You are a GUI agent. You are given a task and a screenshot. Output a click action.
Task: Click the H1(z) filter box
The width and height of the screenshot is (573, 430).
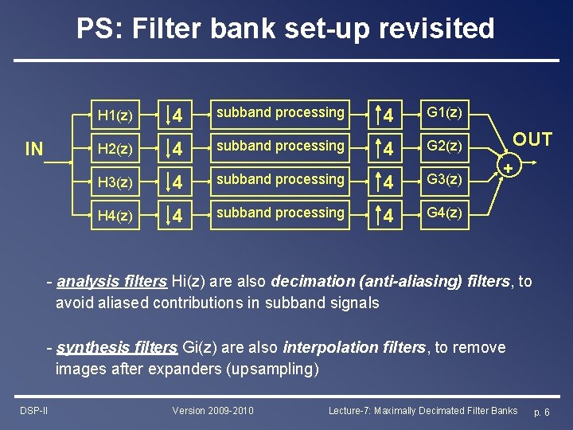115,115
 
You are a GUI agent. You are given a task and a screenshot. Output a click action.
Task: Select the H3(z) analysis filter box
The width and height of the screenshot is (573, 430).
115,182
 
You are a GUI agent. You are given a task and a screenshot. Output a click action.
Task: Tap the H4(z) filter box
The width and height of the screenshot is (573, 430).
115,216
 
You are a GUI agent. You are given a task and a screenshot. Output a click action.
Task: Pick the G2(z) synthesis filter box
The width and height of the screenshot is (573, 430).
444,147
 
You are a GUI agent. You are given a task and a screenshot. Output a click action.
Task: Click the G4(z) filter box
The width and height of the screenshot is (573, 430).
444,214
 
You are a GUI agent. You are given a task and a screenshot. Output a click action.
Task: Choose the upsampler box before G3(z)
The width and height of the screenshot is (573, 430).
385,182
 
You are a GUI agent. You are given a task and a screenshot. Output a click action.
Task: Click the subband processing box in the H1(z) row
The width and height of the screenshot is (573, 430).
280,114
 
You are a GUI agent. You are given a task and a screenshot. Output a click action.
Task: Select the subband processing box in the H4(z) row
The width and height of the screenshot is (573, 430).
280,214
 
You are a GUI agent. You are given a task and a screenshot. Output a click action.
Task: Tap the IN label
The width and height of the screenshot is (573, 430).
35,149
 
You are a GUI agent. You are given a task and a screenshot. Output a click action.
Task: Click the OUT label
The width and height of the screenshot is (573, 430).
532,140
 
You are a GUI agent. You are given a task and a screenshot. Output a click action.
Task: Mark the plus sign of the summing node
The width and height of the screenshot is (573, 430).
506,169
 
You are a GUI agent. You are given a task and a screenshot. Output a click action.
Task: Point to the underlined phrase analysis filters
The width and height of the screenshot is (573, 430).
112,281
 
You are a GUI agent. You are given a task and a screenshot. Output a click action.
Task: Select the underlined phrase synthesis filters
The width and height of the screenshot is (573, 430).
117,348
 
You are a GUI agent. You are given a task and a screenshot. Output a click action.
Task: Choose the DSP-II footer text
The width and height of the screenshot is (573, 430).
33,411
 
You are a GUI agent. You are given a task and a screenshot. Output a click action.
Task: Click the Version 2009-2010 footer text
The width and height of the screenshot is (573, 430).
213,411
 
